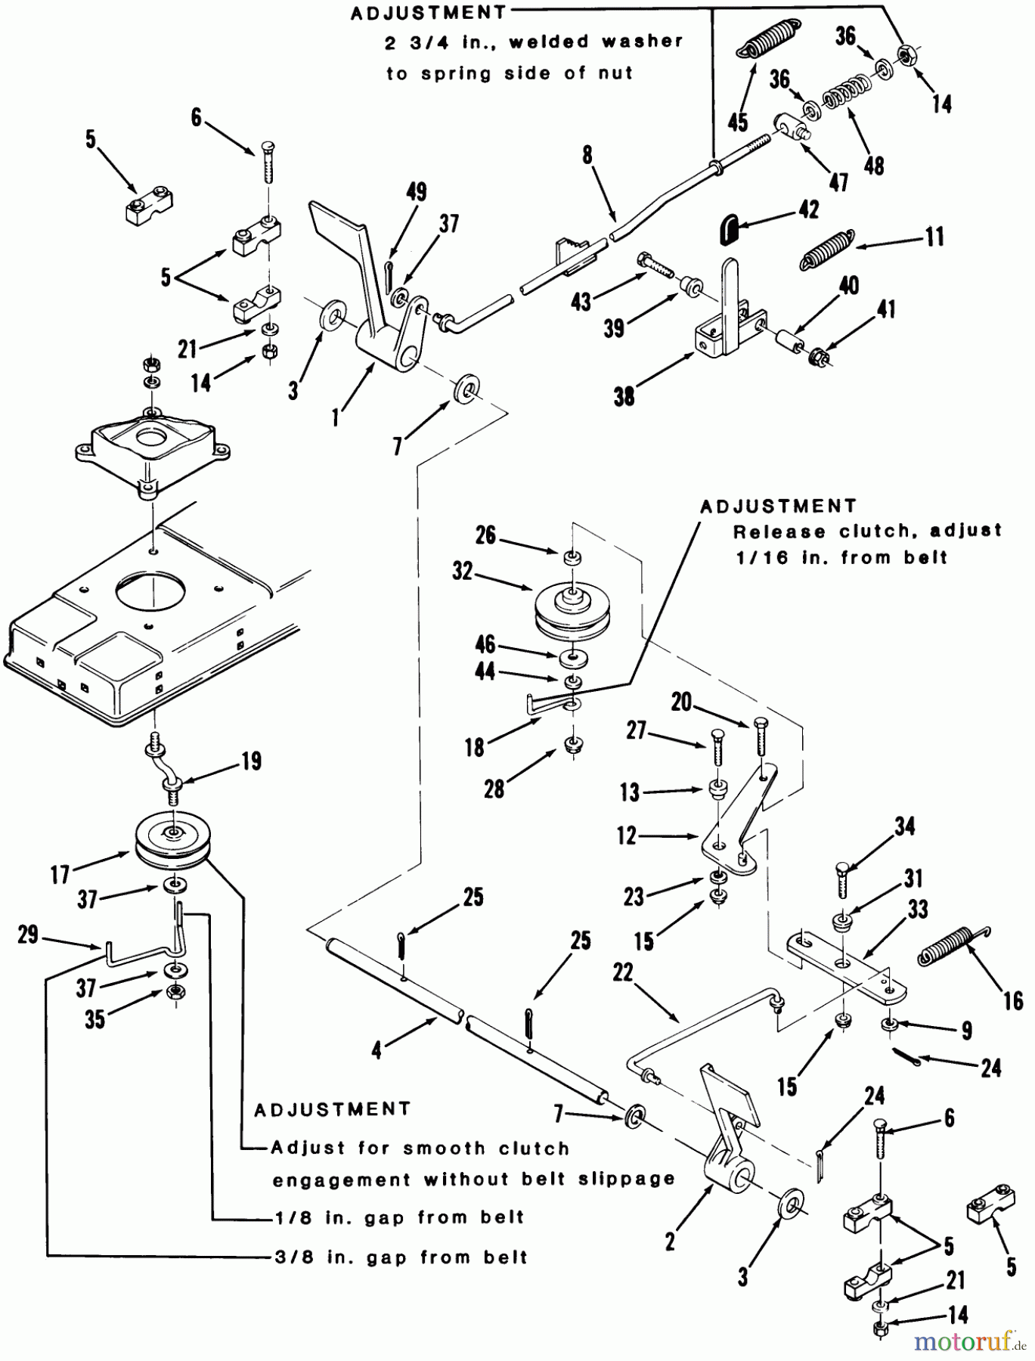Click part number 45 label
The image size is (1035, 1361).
tap(737, 121)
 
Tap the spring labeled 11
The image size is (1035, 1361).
tap(827, 250)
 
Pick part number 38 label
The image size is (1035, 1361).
tap(624, 395)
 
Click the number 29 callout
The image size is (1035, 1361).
tap(28, 935)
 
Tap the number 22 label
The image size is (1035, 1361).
tap(622, 972)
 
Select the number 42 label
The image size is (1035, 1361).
tap(809, 209)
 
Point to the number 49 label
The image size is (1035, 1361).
tap(416, 192)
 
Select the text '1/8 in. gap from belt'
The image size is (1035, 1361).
tap(398, 1217)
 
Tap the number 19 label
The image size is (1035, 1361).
tap(251, 761)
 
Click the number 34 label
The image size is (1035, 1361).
tap(905, 826)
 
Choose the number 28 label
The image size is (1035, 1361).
tap(494, 789)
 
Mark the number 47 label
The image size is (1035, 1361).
tap(838, 181)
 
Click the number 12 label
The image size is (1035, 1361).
tap(627, 836)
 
